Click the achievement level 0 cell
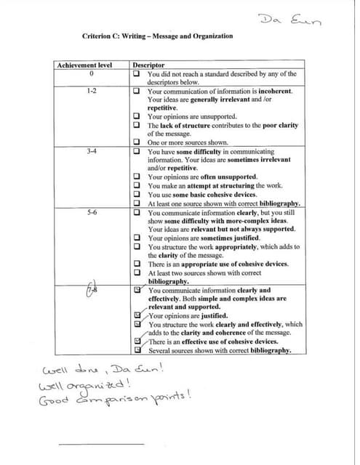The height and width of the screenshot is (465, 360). [x=92, y=73]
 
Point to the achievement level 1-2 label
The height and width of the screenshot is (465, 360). [x=92, y=92]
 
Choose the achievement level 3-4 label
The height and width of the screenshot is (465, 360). [x=92, y=150]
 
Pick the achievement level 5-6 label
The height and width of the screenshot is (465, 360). [x=92, y=213]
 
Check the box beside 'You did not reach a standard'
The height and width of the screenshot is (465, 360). [x=137, y=73]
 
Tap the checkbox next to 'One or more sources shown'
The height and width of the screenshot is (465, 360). [x=137, y=142]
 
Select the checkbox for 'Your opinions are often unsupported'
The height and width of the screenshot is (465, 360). [x=137, y=177]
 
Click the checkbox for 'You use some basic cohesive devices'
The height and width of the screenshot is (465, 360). [x=137, y=194]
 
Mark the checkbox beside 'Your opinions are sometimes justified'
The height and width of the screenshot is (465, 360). [x=137, y=238]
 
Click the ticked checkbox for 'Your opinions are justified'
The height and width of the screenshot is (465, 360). [x=137, y=315]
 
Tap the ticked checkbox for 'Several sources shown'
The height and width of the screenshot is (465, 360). [x=137, y=349]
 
